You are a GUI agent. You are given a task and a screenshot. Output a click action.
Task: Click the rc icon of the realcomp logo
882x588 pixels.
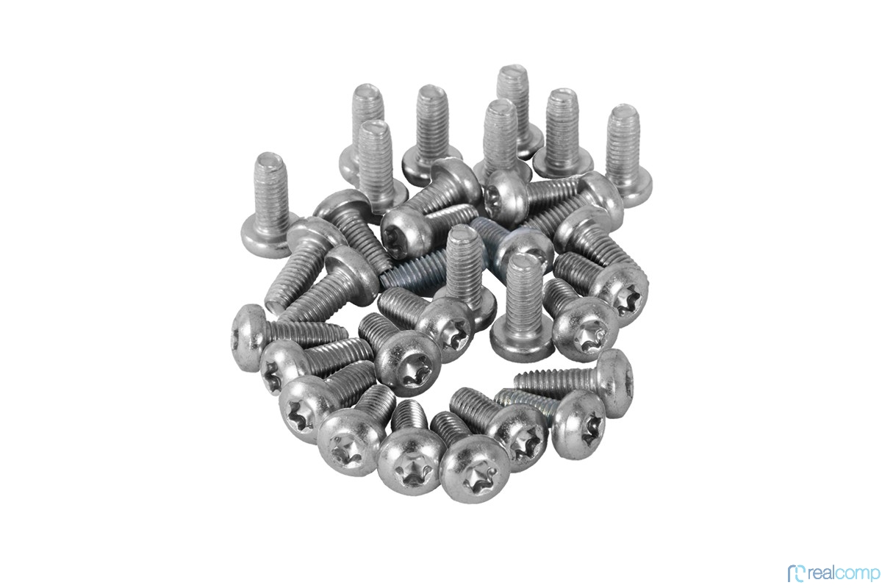(797, 573)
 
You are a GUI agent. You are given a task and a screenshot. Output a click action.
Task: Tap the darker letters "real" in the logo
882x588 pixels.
(824, 573)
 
